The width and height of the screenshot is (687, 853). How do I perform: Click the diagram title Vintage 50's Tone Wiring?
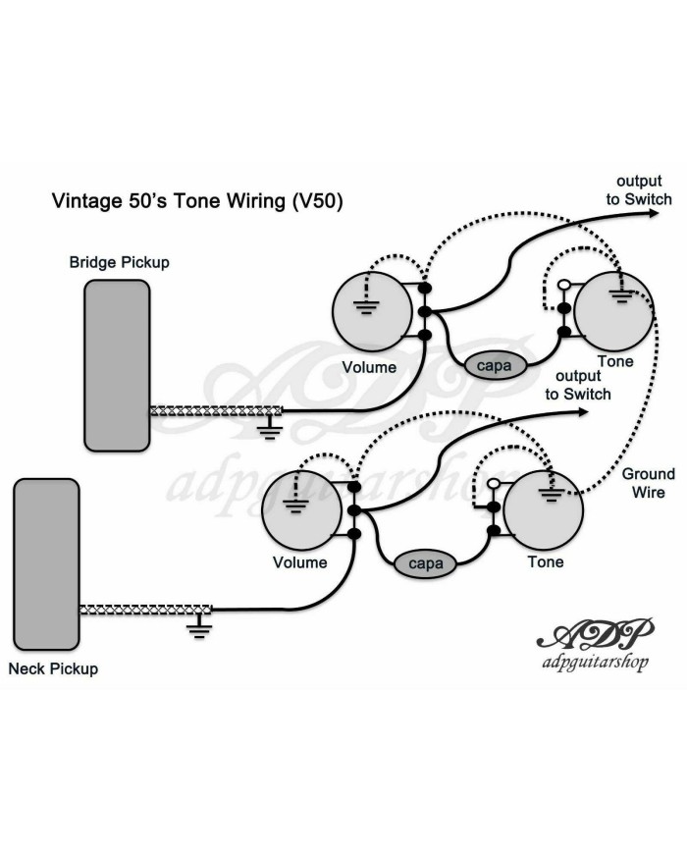[196, 201]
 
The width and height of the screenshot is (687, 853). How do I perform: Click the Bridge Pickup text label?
[119, 262]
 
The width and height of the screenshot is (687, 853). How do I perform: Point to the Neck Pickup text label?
[53, 669]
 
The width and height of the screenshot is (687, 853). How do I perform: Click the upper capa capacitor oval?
[495, 364]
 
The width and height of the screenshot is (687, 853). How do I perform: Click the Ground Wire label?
[644, 483]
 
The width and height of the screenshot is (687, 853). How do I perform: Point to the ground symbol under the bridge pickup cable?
[267, 425]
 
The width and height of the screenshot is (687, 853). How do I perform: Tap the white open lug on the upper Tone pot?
[564, 286]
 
